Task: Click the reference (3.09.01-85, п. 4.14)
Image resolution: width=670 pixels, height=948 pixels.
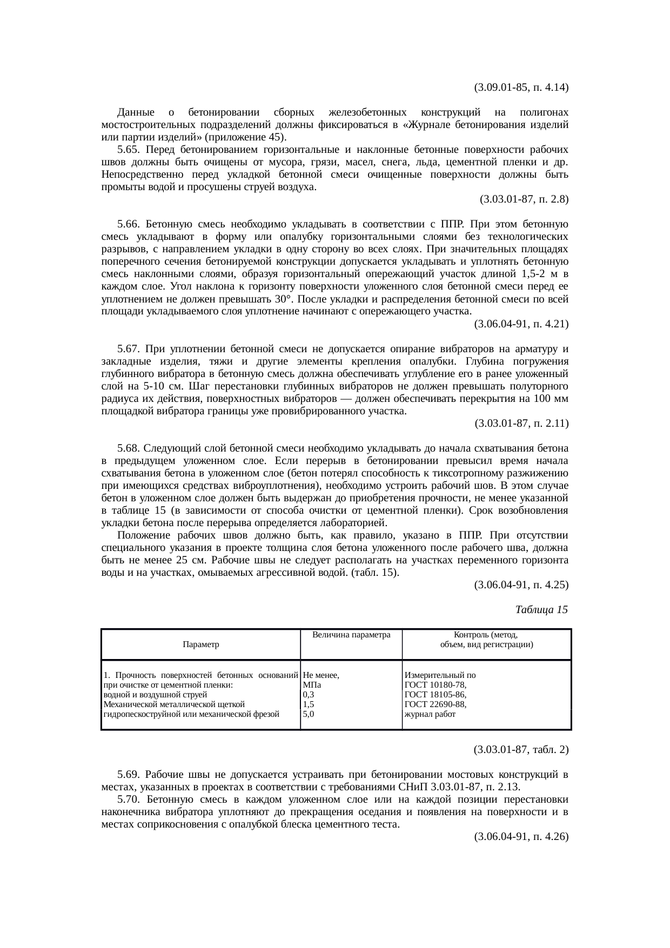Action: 520,87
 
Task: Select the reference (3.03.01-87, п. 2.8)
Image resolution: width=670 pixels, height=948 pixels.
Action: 524,199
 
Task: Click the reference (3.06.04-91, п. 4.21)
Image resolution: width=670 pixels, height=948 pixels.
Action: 520,324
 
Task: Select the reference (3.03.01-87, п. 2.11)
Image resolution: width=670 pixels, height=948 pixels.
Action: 521,423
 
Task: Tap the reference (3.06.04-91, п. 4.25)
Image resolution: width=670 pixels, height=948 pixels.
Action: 520,585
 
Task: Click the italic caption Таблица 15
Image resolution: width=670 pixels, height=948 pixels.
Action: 541,610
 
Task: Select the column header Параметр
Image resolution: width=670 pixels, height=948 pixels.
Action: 200,644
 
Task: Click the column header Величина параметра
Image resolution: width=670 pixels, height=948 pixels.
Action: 351,635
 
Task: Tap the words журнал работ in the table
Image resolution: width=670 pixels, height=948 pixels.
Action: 430,714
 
